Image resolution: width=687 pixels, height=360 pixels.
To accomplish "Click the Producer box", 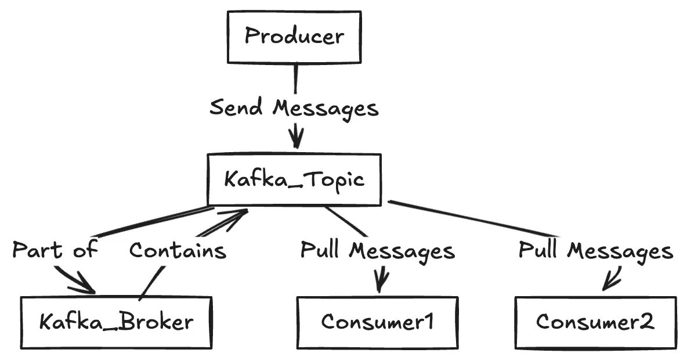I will [x=294, y=37].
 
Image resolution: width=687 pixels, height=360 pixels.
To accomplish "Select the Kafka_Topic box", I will [x=294, y=179].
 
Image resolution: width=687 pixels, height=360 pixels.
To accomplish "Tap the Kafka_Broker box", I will [x=116, y=322].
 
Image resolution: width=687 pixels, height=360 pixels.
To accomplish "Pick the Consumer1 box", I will [x=377, y=322].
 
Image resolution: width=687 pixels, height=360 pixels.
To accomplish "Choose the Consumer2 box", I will [x=595, y=322].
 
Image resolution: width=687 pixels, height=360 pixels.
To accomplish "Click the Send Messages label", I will [x=294, y=108].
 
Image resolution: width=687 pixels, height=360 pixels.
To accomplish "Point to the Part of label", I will [x=55, y=250].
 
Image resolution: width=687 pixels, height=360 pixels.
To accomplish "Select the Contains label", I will [x=177, y=250].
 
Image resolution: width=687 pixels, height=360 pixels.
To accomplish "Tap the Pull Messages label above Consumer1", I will [x=377, y=250].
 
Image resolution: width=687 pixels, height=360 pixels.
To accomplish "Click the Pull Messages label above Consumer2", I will [x=595, y=250].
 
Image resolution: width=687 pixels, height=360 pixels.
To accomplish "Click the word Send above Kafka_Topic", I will [x=238, y=108].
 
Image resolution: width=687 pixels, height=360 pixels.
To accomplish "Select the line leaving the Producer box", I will [x=295, y=78].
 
